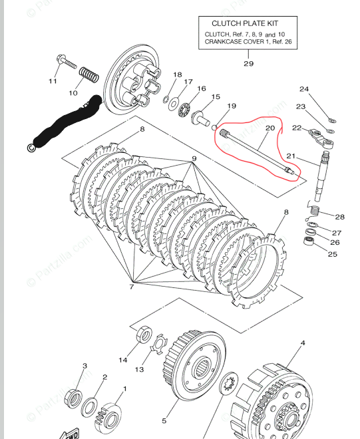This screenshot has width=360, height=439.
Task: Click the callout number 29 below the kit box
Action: coord(248,64)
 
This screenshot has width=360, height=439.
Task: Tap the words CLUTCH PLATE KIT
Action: coord(245,23)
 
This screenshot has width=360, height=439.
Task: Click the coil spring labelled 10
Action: coord(89,75)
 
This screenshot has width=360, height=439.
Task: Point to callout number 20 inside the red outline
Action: coord(270,128)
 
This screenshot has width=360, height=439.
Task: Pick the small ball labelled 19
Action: coord(214,128)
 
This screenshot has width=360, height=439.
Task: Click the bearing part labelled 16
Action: coord(184,109)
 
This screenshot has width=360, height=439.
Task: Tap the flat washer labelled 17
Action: coord(174,104)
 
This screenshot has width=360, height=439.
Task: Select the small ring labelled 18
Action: coord(166,99)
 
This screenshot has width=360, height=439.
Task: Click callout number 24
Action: coord(304,89)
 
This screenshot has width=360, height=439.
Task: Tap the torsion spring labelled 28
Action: coord(313,211)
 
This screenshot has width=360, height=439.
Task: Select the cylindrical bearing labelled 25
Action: coord(309,241)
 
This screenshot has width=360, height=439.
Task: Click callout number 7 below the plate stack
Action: coord(131,287)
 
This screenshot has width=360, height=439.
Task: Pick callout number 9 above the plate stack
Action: coord(194,159)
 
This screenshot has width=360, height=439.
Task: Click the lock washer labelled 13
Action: coord(159,344)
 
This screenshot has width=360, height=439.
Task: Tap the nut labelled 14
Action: coord(144,335)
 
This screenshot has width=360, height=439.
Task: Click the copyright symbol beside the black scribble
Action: coord(31,148)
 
